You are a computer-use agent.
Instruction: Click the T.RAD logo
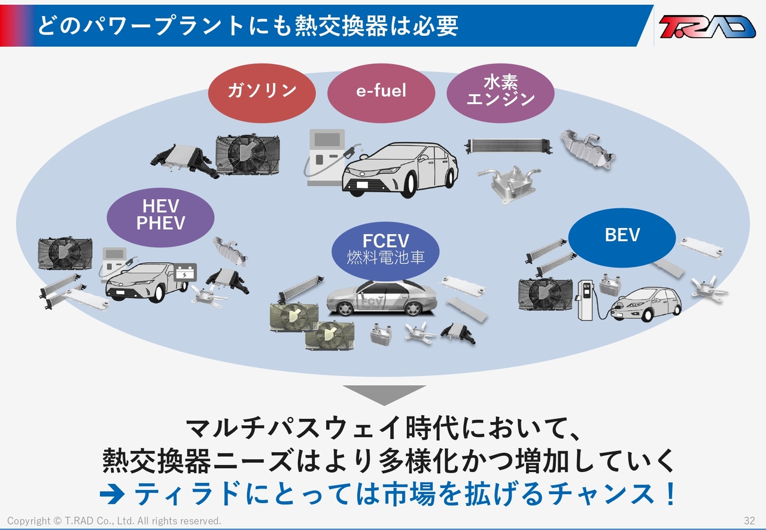[707, 26]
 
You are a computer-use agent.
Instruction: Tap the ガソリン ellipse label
[262, 93]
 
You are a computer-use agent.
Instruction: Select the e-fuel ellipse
[381, 93]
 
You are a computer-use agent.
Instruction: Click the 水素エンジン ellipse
[501, 93]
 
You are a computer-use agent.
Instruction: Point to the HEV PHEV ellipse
[161, 218]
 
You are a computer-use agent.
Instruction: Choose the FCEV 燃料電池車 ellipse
[385, 251]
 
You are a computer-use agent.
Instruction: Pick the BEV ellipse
[622, 237]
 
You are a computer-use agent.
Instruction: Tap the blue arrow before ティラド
[112, 495]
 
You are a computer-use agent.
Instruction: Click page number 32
[749, 521]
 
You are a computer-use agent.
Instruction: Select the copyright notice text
[114, 521]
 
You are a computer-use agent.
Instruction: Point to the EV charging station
[586, 300]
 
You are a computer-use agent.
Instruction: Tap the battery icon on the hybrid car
[185, 272]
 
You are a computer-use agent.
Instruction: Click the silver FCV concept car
[381, 298]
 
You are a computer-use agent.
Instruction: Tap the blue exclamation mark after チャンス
[671, 494]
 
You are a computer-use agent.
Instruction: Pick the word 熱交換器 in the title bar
[341, 26]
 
